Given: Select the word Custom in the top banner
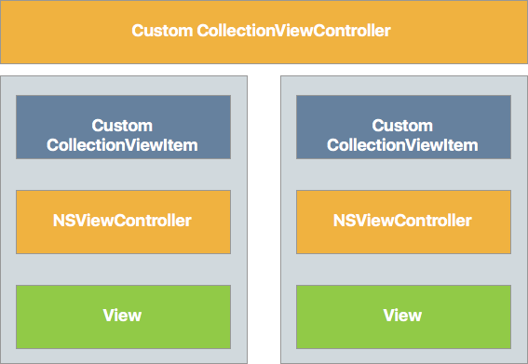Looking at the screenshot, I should (x=162, y=31).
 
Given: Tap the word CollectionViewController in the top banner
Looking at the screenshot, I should (x=294, y=31).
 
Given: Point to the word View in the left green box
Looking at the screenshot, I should (x=123, y=315).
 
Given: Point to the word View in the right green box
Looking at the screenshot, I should (x=403, y=315).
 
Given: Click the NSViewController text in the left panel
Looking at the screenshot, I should (x=123, y=221).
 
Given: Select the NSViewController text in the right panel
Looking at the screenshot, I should (x=403, y=221).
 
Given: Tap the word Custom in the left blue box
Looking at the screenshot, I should (x=123, y=126).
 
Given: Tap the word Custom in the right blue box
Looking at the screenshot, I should (x=403, y=126).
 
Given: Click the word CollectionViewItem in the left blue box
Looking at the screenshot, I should (x=123, y=145).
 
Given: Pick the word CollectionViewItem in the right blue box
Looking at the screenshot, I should (x=403, y=145).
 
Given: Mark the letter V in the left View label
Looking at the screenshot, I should (x=108, y=315).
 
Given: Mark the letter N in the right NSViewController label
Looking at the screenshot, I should (x=339, y=221).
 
